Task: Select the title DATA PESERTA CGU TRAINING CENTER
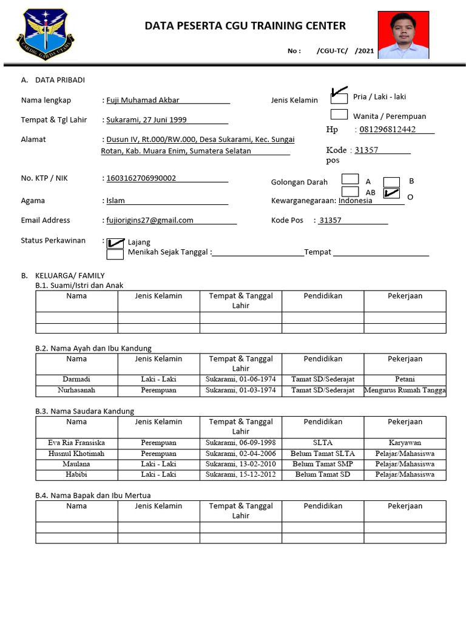click(245, 25)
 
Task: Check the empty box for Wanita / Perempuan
click(339, 114)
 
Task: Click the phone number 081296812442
click(388, 129)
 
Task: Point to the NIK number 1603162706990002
click(141, 178)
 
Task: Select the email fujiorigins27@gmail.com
click(150, 220)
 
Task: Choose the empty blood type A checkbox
click(350, 179)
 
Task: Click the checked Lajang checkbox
click(115, 243)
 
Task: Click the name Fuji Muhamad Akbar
click(143, 100)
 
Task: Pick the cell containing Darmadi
click(76, 379)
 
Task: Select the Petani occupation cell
click(405, 379)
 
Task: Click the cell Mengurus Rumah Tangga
click(405, 390)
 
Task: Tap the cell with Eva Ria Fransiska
click(76, 443)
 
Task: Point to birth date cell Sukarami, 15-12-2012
click(240, 474)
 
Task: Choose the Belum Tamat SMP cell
click(322, 464)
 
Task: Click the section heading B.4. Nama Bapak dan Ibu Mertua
click(93, 495)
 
